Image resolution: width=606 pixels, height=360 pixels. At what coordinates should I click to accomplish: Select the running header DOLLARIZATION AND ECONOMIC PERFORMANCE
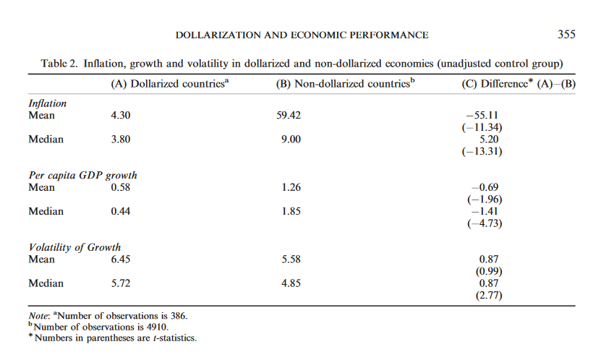click(302, 35)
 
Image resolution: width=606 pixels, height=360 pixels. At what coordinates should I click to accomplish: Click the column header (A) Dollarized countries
click(169, 84)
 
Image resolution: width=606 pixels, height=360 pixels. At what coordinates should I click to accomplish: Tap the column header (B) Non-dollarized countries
click(346, 84)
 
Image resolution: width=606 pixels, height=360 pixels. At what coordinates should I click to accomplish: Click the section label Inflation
click(49, 103)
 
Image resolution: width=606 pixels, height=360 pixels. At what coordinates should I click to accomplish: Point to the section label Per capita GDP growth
click(82, 176)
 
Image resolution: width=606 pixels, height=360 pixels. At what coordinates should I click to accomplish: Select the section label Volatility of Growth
click(74, 247)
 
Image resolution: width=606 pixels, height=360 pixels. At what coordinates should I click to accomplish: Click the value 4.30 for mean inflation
click(121, 115)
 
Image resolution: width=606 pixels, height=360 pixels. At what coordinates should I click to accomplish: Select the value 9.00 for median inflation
click(289, 140)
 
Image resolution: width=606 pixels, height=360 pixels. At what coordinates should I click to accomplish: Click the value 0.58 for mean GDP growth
click(121, 187)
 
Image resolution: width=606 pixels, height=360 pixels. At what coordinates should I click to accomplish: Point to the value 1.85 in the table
click(289, 212)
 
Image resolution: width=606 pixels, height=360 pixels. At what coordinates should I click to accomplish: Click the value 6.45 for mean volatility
click(121, 259)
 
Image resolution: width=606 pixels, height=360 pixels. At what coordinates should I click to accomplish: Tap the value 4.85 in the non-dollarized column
click(289, 283)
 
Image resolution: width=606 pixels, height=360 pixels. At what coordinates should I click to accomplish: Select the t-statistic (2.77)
click(484, 295)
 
